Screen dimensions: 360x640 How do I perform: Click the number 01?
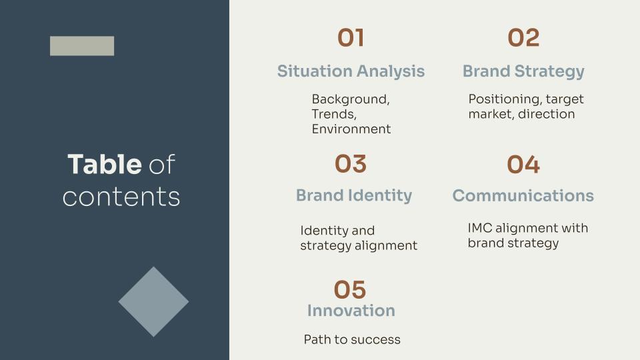pyautogui.click(x=351, y=38)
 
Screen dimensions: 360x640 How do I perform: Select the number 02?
pyautogui.click(x=523, y=38)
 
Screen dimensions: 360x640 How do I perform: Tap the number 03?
pyautogui.click(x=351, y=164)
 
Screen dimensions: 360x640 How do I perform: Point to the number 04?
pyautogui.click(x=523, y=165)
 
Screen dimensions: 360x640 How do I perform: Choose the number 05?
pyautogui.click(x=350, y=290)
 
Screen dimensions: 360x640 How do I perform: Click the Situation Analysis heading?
pyautogui.click(x=351, y=71)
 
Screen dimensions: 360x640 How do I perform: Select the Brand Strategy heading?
pyautogui.click(x=523, y=71)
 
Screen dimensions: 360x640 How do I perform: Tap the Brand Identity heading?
pyautogui.click(x=354, y=195)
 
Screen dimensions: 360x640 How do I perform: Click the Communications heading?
pyautogui.click(x=523, y=196)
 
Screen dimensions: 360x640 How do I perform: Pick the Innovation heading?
pyautogui.click(x=351, y=311)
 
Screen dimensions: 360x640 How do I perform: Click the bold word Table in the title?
pyautogui.click(x=104, y=165)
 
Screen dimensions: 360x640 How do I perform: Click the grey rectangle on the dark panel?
pyautogui.click(x=82, y=46)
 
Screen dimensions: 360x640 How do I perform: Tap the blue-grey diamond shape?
pyautogui.click(x=153, y=301)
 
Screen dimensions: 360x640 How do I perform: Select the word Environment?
pyautogui.click(x=351, y=129)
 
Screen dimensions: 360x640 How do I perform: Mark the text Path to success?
pyautogui.click(x=352, y=340)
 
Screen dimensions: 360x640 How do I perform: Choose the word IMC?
pyautogui.click(x=480, y=228)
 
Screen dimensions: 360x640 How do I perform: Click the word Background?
pyautogui.click(x=351, y=99)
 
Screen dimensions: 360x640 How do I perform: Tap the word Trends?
pyautogui.click(x=334, y=114)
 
